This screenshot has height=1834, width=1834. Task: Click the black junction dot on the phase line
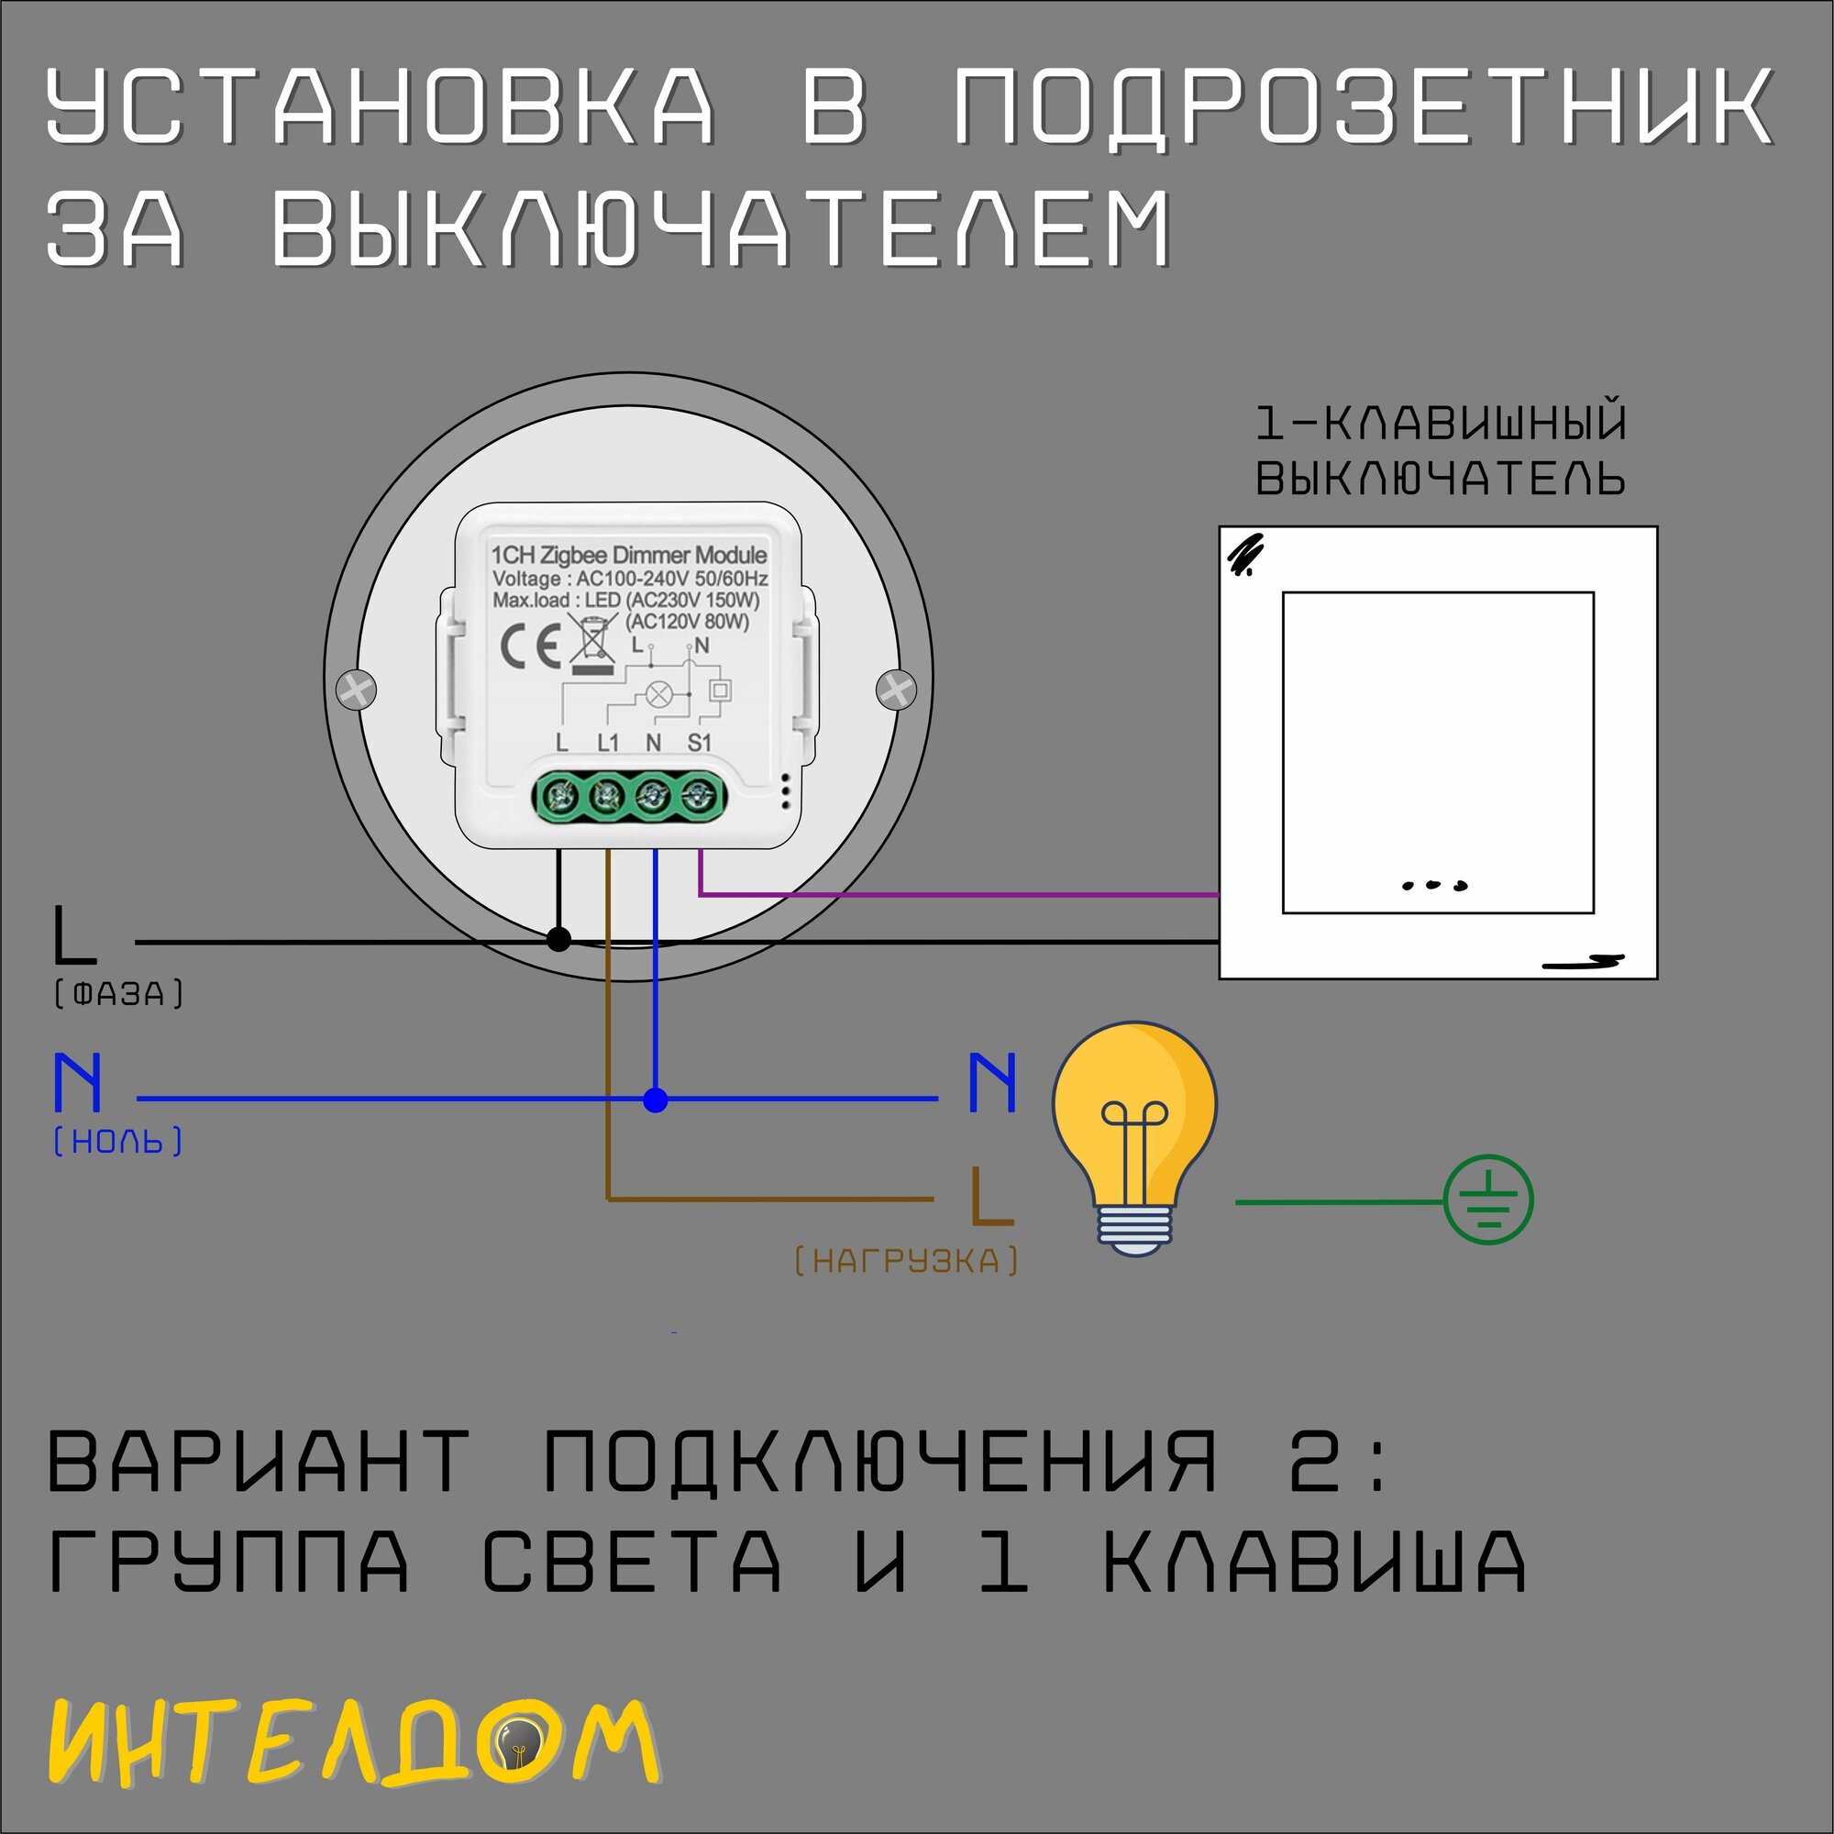click(x=559, y=940)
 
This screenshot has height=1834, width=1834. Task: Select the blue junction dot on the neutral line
click(x=655, y=1100)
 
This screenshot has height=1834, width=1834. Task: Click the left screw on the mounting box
click(x=357, y=690)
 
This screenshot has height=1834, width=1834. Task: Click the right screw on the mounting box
click(x=896, y=690)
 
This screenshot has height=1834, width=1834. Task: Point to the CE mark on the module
click(x=530, y=647)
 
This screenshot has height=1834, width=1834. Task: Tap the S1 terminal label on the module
click(x=699, y=743)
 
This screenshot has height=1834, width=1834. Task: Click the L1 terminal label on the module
click(x=608, y=743)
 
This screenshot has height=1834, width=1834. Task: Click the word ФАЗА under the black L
click(x=118, y=995)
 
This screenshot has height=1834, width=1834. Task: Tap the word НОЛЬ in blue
click(x=117, y=1141)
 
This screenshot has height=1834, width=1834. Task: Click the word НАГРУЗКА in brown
click(x=906, y=1262)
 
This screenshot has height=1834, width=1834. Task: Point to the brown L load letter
click(x=990, y=1196)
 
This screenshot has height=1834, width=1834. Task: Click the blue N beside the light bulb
click(x=992, y=1082)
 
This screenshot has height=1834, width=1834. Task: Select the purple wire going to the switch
click(x=959, y=894)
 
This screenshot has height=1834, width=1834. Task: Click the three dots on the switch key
click(x=1434, y=886)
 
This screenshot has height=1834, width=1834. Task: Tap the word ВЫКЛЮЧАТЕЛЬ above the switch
click(x=1440, y=480)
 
